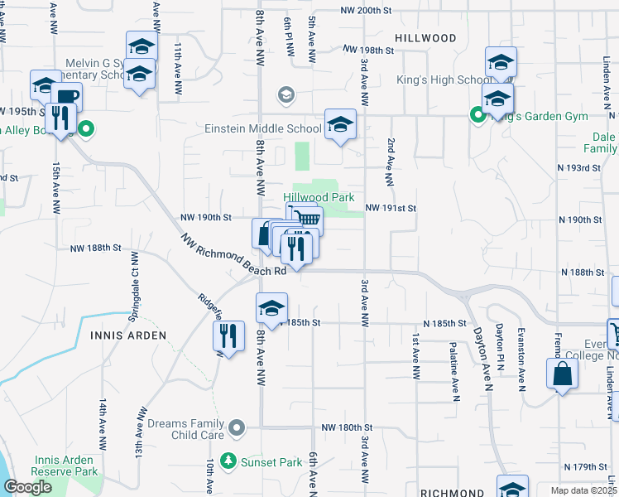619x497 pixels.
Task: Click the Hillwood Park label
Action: [x=319, y=197]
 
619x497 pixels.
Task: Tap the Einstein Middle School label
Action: [x=263, y=128]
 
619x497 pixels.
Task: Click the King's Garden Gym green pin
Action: [x=477, y=116]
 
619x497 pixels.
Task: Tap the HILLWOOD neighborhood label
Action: [x=425, y=38]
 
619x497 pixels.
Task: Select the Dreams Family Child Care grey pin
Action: [x=238, y=427]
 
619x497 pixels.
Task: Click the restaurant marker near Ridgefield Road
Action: [x=229, y=336]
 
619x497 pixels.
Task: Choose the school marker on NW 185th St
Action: [x=271, y=309]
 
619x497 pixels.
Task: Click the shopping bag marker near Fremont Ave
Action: [x=562, y=373]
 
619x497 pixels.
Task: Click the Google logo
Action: [x=27, y=487]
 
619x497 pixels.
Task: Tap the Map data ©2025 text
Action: [x=580, y=490]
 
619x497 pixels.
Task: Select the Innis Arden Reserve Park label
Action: [x=66, y=466]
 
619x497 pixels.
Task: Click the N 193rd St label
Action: [x=579, y=168]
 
